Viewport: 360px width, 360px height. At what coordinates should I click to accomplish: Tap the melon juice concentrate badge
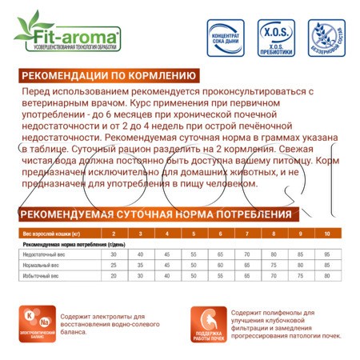(x=226, y=38)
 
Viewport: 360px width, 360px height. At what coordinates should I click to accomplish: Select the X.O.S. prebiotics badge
(x=277, y=38)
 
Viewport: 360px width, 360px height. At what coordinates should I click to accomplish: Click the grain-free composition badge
(x=326, y=38)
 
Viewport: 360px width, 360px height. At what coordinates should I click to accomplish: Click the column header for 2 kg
(x=114, y=233)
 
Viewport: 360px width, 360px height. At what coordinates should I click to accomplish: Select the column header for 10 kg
(x=326, y=233)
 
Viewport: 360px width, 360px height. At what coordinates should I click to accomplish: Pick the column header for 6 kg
(x=220, y=233)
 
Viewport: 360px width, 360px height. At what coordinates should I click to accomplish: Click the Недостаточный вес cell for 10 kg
(x=326, y=254)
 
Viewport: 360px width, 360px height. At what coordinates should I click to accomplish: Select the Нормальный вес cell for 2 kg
(x=114, y=264)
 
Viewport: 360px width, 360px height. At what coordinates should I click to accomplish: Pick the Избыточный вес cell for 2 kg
(x=114, y=275)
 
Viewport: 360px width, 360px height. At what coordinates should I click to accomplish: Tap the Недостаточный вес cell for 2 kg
(x=114, y=254)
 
